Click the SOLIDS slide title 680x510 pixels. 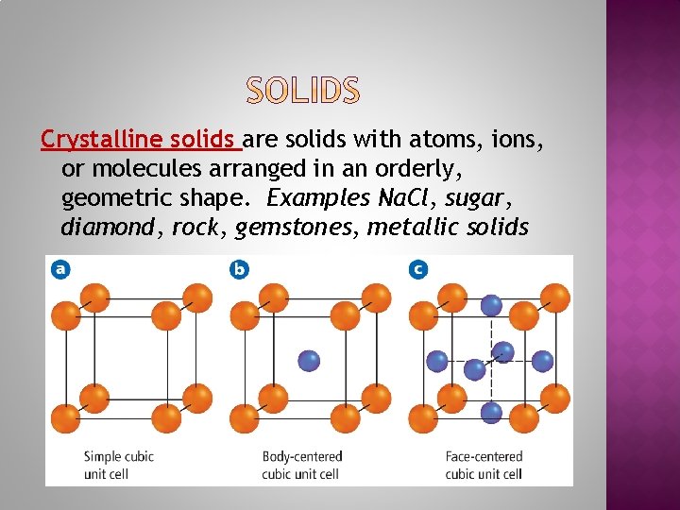(x=303, y=91)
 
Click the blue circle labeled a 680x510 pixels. (x=60, y=269)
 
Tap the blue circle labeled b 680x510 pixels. (x=239, y=269)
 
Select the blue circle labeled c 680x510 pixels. (x=417, y=269)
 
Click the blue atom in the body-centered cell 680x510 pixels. (x=309, y=360)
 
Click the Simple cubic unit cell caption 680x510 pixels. (x=119, y=465)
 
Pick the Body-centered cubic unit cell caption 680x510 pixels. (x=302, y=465)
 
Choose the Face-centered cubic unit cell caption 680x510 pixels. (x=484, y=465)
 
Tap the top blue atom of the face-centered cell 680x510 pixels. (x=491, y=305)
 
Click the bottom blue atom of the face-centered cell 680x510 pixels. (x=491, y=412)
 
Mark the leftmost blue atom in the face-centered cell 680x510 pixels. (x=436, y=360)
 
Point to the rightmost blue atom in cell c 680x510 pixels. (x=543, y=360)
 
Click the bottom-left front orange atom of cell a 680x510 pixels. (x=66, y=416)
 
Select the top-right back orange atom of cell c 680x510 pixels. (x=556, y=297)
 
